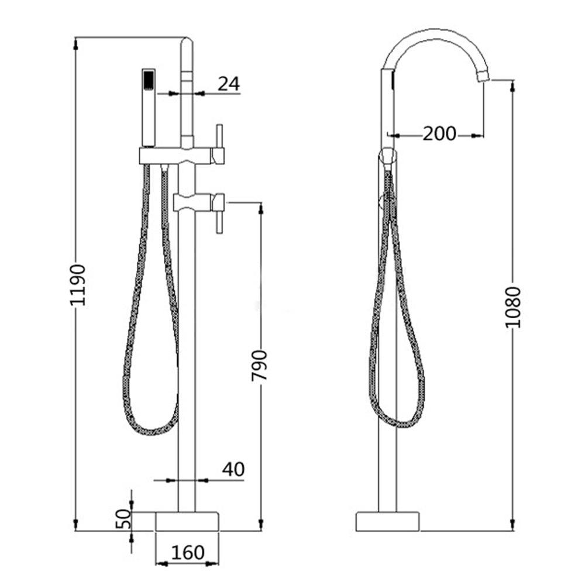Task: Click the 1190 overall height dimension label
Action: point(78,285)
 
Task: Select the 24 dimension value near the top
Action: point(229,84)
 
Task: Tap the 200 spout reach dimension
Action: point(439,134)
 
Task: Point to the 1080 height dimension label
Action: point(513,307)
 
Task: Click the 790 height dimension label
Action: point(259,366)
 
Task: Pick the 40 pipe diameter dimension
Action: point(233,469)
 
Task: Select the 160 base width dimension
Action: point(187,552)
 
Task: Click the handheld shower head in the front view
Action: point(149,108)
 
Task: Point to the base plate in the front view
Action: point(187,521)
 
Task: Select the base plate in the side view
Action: point(388,521)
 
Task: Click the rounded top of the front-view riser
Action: point(187,42)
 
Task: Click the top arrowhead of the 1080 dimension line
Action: point(512,85)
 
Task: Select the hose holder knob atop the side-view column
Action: point(387,156)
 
